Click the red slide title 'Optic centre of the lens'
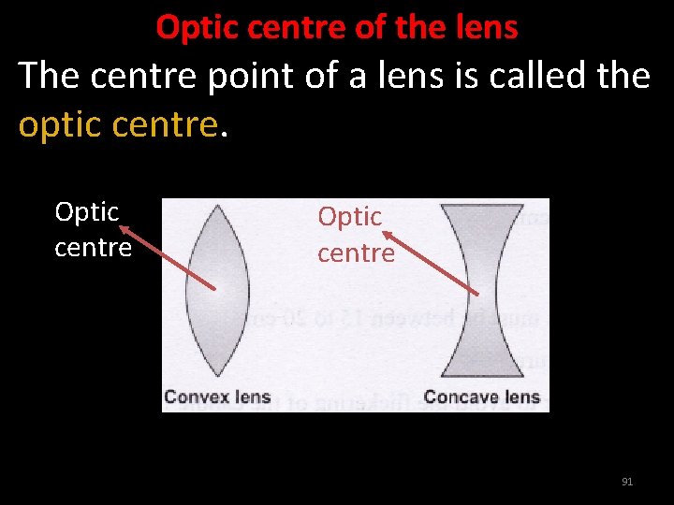(336, 27)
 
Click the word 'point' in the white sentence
(242, 75)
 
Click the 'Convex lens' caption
(217, 397)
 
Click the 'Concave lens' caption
(481, 397)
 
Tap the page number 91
(627, 482)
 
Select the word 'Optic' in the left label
(87, 212)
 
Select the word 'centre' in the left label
(93, 248)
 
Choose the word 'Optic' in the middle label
(350, 217)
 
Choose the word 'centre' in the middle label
(356, 252)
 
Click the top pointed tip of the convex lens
(217, 207)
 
